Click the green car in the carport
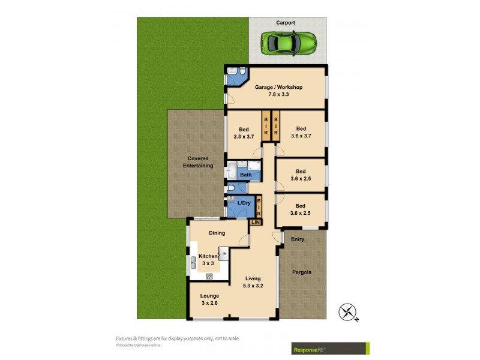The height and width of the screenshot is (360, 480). pyautogui.click(x=289, y=42)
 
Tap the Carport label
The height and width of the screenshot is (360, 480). pyautogui.click(x=286, y=23)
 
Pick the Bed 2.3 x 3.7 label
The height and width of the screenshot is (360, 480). pyautogui.click(x=243, y=133)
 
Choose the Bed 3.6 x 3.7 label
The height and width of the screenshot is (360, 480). pyautogui.click(x=301, y=133)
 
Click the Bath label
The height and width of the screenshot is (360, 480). pyautogui.click(x=245, y=175)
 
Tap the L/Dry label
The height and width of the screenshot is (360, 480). pyautogui.click(x=244, y=203)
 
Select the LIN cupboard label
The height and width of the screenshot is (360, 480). pyautogui.click(x=256, y=223)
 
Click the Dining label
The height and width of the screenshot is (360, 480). pyautogui.click(x=217, y=233)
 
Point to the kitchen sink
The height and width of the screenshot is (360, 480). pyautogui.click(x=194, y=262)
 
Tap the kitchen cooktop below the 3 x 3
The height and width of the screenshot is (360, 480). pyautogui.click(x=209, y=277)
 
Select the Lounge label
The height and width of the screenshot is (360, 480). pyautogui.click(x=209, y=296)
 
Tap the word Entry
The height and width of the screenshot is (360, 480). pyautogui.click(x=298, y=239)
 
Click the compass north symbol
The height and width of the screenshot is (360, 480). pyautogui.click(x=347, y=311)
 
